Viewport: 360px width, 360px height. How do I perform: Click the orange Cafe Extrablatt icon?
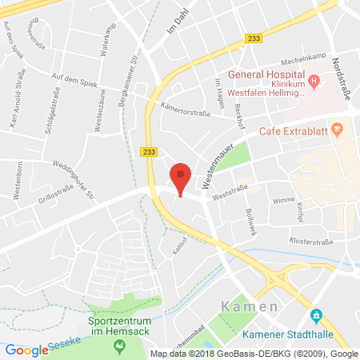click(338, 128)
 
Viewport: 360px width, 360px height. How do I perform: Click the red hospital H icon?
click(314, 80)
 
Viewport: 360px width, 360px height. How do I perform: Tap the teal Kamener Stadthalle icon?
click(317, 314)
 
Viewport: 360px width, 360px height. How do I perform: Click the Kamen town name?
click(250, 306)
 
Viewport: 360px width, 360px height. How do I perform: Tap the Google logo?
click(26, 350)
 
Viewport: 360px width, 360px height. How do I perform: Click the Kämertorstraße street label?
click(186, 114)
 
